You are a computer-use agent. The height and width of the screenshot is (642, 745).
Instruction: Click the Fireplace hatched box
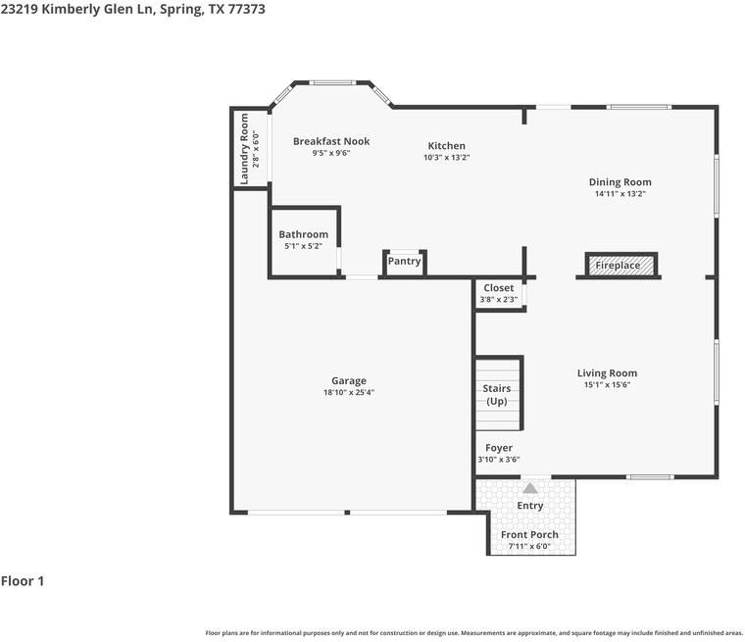[x=619, y=266]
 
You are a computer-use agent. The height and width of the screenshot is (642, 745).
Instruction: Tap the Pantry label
[x=404, y=261]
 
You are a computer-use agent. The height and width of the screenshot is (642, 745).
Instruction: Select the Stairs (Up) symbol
[x=497, y=395]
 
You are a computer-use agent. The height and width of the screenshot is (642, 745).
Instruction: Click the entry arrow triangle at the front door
[x=530, y=487]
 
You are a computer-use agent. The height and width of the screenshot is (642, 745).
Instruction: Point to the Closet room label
[x=498, y=288]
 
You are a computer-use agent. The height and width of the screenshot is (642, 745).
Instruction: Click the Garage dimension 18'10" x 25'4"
[x=349, y=392]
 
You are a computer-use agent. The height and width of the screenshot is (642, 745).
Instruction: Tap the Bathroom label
[x=304, y=234]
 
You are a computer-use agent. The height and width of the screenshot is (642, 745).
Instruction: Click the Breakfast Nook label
[x=331, y=141]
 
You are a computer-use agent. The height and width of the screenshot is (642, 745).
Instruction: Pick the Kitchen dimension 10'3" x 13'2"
[x=446, y=157]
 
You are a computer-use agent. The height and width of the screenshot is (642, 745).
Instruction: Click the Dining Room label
[x=620, y=181]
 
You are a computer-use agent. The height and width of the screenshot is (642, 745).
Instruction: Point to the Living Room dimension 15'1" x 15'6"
[x=607, y=385]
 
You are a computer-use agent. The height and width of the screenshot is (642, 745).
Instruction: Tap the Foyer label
[x=499, y=448]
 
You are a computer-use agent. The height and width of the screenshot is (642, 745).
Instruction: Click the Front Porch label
[x=529, y=534]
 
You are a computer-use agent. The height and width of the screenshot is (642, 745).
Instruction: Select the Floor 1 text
[x=23, y=581]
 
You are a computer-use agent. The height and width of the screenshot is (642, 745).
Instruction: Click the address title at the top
[x=132, y=9]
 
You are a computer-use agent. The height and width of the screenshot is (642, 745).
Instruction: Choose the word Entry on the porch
[x=530, y=506]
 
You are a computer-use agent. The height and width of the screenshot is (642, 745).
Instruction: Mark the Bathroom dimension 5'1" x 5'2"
[x=304, y=246]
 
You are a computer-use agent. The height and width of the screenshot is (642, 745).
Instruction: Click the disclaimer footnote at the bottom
[x=473, y=632]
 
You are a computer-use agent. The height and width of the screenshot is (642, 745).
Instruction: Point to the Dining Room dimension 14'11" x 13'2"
[x=620, y=193]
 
